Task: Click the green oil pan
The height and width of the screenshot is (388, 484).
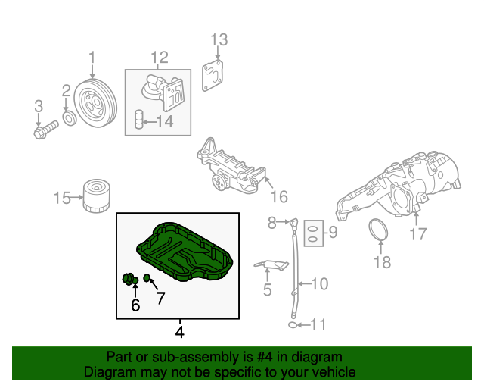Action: click(181, 255)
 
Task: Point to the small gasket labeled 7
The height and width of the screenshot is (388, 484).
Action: click(147, 280)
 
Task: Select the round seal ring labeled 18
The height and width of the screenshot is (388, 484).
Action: click(380, 231)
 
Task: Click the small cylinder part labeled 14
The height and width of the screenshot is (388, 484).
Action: click(139, 120)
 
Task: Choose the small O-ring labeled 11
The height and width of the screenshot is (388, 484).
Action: click(293, 325)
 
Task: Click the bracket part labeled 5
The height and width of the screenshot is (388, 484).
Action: click(273, 266)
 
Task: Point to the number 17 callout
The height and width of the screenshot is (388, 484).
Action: click(418, 234)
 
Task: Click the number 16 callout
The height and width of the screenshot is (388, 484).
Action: click(279, 197)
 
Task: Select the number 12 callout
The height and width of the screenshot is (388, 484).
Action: click(159, 56)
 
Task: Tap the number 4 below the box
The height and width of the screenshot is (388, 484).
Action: click(179, 331)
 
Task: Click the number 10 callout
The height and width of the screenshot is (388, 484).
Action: click(319, 284)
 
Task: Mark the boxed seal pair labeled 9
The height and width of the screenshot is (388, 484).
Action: click(311, 235)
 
